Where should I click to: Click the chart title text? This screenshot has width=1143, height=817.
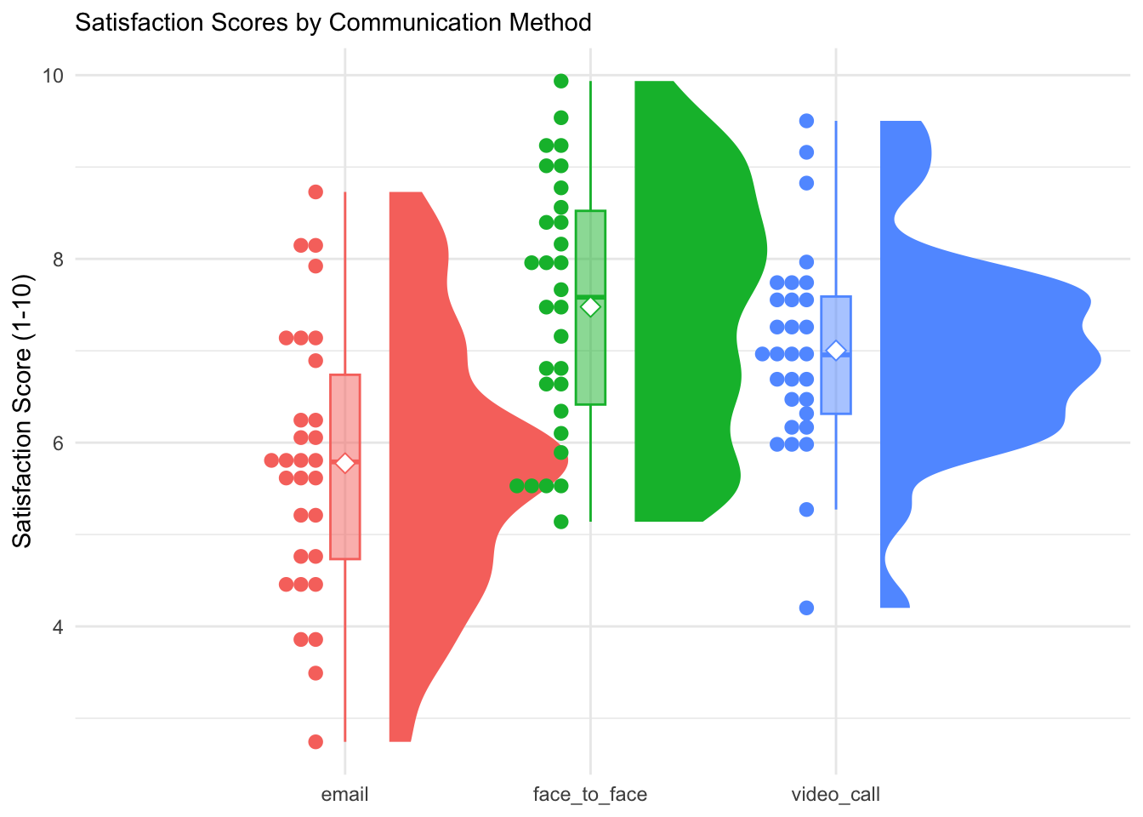[x=333, y=22]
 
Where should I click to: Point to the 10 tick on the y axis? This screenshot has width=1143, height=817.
[x=53, y=76]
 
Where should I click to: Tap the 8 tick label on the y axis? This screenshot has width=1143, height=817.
[x=58, y=260]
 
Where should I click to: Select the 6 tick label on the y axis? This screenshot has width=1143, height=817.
[x=58, y=443]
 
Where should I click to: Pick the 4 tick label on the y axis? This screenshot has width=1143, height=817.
[x=58, y=627]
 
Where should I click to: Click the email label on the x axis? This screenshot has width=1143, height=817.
[x=344, y=795]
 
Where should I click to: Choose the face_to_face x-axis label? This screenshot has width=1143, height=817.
[x=589, y=795]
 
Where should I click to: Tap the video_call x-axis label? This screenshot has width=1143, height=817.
[x=835, y=795]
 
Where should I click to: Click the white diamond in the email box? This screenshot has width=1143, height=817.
[x=344, y=463]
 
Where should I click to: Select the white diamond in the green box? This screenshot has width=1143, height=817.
[x=590, y=307]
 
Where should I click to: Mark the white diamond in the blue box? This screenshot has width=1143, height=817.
[x=836, y=351]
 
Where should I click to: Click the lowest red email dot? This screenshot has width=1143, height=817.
[x=316, y=742]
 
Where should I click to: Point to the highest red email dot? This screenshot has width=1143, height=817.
[x=316, y=192]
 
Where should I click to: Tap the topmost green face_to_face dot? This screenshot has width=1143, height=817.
[x=561, y=81]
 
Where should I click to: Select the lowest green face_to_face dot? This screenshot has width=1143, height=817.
[x=561, y=522]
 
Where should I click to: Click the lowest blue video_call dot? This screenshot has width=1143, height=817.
[x=806, y=608]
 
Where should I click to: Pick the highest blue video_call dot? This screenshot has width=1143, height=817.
[x=806, y=121]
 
